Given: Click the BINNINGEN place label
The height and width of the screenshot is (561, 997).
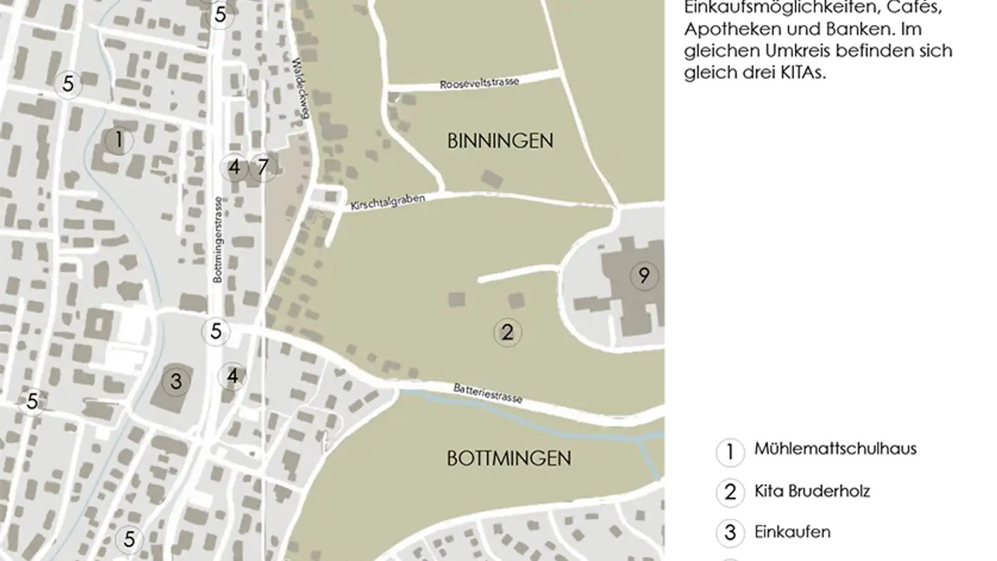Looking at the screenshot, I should [500, 141].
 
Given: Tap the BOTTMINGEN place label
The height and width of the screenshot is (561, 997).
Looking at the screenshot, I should [509, 458].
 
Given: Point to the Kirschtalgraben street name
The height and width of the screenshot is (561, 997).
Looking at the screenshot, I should [387, 202].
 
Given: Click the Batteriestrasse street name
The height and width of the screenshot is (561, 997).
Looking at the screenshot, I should [487, 393].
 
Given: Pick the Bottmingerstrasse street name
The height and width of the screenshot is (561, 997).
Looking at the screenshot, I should [218, 240].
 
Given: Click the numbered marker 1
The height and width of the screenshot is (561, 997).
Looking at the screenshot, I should [118, 141].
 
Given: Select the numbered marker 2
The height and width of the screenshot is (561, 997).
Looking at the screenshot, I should [507, 332].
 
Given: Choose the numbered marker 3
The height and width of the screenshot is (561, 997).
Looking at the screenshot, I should [176, 381].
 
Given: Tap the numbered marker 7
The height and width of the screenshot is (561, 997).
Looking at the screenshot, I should [262, 167].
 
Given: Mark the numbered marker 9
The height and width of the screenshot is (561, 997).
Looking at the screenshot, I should [644, 276].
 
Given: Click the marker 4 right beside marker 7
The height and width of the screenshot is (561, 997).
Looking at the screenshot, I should [234, 167].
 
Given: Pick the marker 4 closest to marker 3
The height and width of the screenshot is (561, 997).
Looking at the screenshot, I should [232, 376].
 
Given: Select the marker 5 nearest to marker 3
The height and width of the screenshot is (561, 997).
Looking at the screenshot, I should [216, 332].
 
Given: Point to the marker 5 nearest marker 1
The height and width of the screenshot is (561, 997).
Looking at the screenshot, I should [68, 84].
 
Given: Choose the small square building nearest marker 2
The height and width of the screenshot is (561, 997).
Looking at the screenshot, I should [516, 301].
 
